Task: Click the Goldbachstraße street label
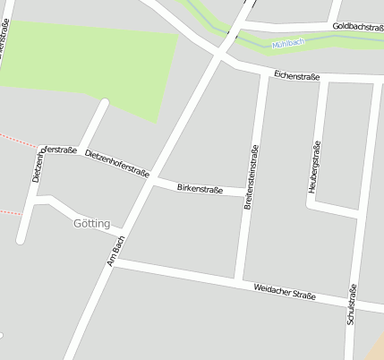click(357, 27)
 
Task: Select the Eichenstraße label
click(296, 76)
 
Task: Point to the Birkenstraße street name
click(199, 189)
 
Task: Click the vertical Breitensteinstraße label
click(252, 177)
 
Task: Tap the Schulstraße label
click(351, 304)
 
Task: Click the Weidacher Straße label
click(285, 290)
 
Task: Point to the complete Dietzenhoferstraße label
click(116, 164)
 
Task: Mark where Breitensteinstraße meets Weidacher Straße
click(238, 281)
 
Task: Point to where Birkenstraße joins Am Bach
click(153, 183)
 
